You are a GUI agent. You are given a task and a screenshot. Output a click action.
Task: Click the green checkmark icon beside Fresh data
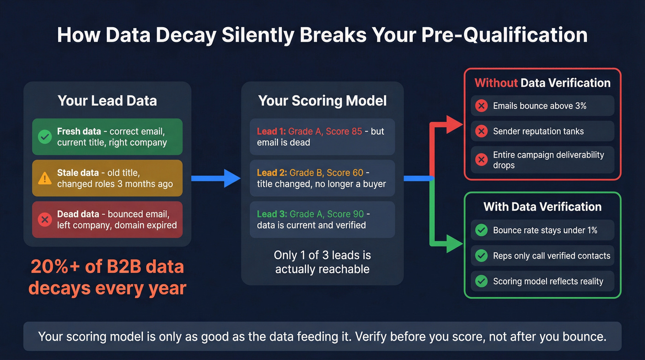click(45, 137)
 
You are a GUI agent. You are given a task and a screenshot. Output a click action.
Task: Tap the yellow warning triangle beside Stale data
click(45, 178)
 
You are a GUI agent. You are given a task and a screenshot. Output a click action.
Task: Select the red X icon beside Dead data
click(45, 220)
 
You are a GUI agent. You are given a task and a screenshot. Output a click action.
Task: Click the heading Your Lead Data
click(107, 100)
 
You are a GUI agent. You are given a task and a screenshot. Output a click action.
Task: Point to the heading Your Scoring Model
click(322, 100)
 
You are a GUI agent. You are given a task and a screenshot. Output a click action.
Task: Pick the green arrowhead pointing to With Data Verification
click(454, 244)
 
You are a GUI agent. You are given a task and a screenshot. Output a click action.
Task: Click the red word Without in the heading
click(496, 83)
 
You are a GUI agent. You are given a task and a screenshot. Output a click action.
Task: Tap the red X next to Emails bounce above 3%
click(481, 106)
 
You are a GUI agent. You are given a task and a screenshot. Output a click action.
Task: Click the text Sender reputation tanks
click(538, 131)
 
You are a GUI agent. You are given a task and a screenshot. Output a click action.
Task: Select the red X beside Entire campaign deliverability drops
click(481, 159)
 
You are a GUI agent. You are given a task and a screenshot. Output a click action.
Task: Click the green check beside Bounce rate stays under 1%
click(481, 230)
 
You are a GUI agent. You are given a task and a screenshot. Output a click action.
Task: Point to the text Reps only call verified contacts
click(551, 256)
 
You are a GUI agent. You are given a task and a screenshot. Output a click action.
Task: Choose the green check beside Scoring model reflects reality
click(481, 281)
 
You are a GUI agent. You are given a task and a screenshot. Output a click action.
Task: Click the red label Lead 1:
click(271, 131)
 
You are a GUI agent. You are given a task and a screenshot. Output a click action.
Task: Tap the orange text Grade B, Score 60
click(326, 173)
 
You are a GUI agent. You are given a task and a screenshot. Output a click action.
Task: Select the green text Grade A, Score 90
click(326, 214)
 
